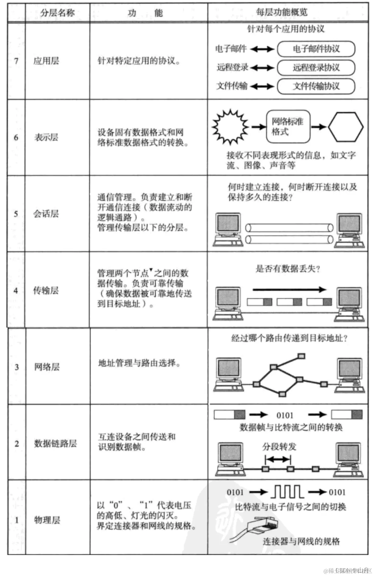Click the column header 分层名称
pyautogui.click(x=57, y=13)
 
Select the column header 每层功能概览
pyautogui.click(x=282, y=12)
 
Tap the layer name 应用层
pyautogui.click(x=46, y=61)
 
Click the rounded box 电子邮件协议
pyautogui.click(x=316, y=49)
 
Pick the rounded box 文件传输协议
pyautogui.click(x=316, y=86)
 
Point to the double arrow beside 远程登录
pyautogui.click(x=262, y=68)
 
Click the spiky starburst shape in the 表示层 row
pyautogui.click(x=230, y=127)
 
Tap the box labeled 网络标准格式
pyautogui.click(x=288, y=127)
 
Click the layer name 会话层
pyautogui.click(x=46, y=214)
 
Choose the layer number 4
pyautogui.click(x=16, y=290)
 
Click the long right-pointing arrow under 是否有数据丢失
pyautogui.click(x=289, y=290)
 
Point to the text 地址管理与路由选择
pyautogui.click(x=139, y=363)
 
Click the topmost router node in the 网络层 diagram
pyautogui.click(x=301, y=356)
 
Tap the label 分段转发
pyautogui.click(x=279, y=447)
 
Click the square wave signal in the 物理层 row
pyautogui.click(x=287, y=492)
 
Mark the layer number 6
pyautogui.click(x=16, y=137)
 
